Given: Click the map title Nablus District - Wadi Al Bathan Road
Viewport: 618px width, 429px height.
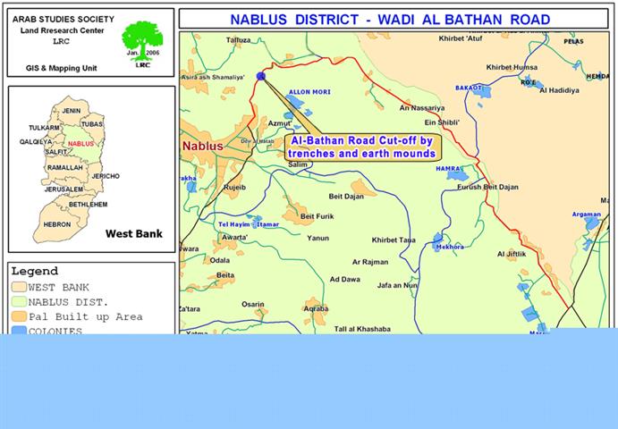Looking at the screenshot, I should point(390,19).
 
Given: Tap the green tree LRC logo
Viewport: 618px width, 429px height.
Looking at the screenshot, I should point(142,41).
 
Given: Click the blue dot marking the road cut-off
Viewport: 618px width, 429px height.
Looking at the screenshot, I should point(261,77).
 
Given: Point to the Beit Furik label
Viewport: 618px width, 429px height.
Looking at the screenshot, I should point(317,216).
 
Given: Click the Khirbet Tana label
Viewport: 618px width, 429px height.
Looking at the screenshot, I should point(394,240).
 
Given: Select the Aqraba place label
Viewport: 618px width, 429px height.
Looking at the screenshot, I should point(316,308).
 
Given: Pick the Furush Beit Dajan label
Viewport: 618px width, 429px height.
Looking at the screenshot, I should point(487,187).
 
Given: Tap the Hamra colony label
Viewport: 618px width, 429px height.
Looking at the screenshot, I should point(447,168).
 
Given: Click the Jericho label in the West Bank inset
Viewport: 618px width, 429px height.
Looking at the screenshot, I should point(106,176).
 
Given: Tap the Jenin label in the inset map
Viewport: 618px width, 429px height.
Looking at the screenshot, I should point(72,110).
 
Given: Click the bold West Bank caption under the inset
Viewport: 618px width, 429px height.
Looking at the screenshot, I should point(134,234).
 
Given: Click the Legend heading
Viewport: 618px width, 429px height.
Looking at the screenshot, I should point(34,271).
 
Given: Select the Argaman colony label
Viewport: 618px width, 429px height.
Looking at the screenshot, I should point(587,214).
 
